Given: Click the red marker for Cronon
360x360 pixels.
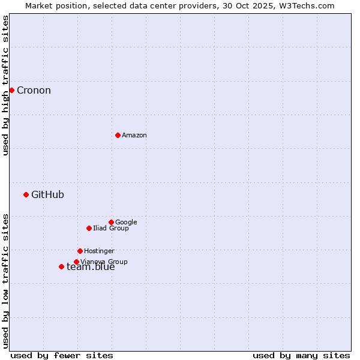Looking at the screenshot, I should coord(11,90).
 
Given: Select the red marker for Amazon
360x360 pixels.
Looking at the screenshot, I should coord(118,135).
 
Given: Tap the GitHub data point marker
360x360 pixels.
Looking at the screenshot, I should coord(26,194).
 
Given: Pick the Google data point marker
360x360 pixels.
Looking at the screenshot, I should coord(111,222).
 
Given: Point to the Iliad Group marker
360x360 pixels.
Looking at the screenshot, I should coord(89,228).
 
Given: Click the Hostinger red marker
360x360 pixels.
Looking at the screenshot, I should coord(80,251).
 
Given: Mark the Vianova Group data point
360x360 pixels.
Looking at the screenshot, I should coord(76,262).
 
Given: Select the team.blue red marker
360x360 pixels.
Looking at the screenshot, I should coord(61,266).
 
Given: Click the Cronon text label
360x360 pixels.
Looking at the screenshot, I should coord(34,91).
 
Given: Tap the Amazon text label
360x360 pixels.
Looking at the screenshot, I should coord(134,136).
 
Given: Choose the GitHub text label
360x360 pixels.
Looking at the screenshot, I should coord(47,194).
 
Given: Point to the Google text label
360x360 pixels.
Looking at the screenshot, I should coord(126,222).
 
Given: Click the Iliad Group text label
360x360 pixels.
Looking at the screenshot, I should coord(111,228).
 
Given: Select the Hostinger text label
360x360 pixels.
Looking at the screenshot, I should coord(99,251).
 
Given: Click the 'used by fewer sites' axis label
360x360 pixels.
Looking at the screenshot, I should coord(62,355).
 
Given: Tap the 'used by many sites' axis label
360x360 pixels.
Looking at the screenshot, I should coord(301,355).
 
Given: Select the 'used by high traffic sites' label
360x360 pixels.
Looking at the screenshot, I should coord(5,85).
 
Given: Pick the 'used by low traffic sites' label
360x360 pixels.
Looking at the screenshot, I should coord(5,281).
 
